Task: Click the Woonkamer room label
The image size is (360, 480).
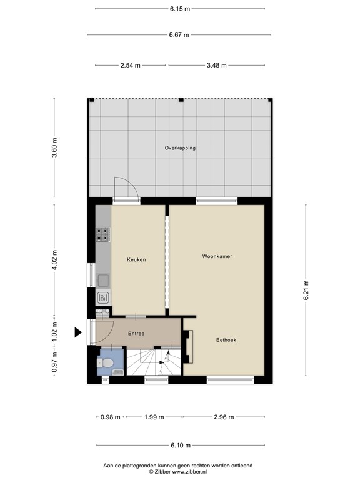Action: pyautogui.click(x=217, y=256)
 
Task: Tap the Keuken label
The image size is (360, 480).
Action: pyautogui.click(x=136, y=259)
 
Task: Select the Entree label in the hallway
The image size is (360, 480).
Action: pyautogui.click(x=136, y=333)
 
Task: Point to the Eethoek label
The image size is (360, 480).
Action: pyautogui.click(x=226, y=340)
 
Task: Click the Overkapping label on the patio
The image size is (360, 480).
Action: pyautogui.click(x=180, y=148)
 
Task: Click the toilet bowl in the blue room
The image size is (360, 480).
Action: pyautogui.click(x=105, y=363)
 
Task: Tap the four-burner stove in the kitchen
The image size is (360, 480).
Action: pyautogui.click(x=102, y=235)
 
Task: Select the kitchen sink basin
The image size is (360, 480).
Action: pyautogui.click(x=102, y=280)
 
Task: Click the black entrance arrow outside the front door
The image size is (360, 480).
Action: pyautogui.click(x=78, y=332)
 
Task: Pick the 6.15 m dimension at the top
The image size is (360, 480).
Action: pyautogui.click(x=180, y=9)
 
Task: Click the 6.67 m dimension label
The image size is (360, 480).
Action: pyautogui.click(x=179, y=35)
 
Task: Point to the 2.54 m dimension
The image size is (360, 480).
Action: pyautogui.click(x=131, y=65)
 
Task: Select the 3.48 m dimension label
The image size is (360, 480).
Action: pyautogui.click(x=217, y=65)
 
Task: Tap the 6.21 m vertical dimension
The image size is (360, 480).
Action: pyautogui.click(x=306, y=290)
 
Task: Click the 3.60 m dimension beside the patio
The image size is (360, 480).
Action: pyautogui.click(x=54, y=147)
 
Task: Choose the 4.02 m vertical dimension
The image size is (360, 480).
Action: pyautogui.click(x=54, y=260)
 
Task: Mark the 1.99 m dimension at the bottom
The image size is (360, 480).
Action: pyautogui.click(x=154, y=417)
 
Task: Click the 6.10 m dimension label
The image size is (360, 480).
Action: pyautogui.click(x=181, y=445)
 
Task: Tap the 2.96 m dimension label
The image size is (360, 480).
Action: pyautogui.click(x=224, y=417)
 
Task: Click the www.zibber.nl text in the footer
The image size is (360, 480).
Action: pyautogui.click(x=189, y=472)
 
